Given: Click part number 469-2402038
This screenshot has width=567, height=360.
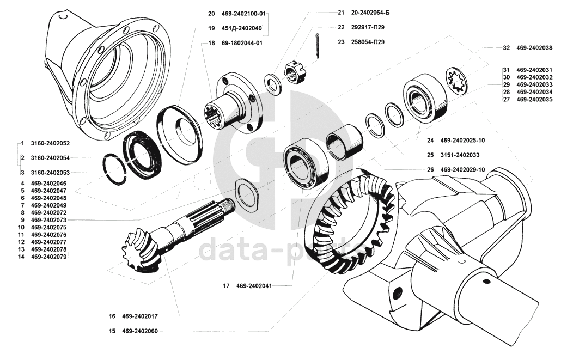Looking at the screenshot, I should point(534,48).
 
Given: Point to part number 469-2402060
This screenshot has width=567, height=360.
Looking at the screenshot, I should point(140,331).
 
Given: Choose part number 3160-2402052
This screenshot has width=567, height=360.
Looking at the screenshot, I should point(50,143).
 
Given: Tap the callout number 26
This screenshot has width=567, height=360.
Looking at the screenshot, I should point(430,169).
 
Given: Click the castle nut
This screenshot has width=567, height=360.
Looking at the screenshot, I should point(294,73).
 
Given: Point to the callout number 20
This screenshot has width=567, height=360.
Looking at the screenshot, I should point(211,13).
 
